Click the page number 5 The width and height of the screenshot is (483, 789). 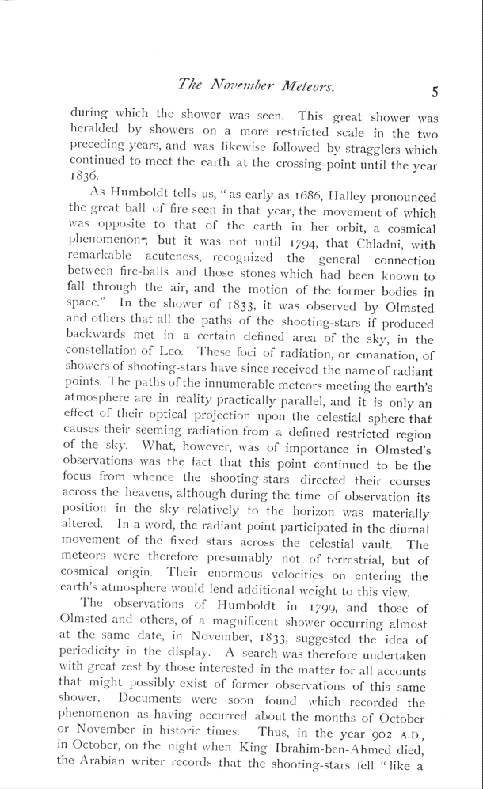[x=435, y=91]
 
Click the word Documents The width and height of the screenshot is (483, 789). [x=150, y=702]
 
